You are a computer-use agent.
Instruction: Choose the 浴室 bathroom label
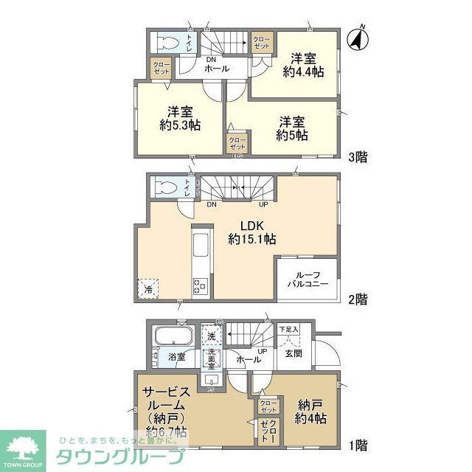(x=176, y=357)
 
